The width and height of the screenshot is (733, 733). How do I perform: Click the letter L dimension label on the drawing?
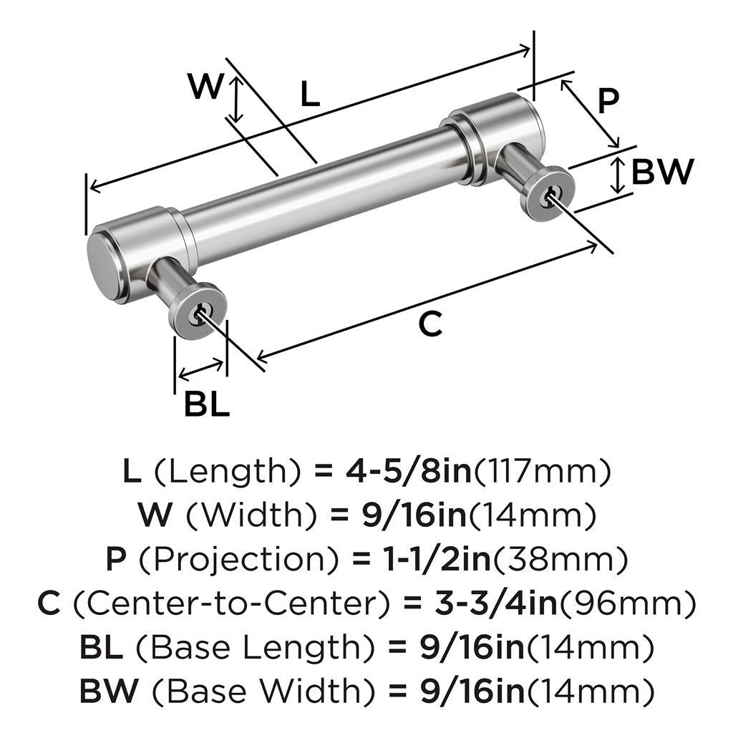click(x=309, y=94)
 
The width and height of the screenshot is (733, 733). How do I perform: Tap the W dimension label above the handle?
click(x=205, y=87)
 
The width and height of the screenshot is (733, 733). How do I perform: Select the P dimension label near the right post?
click(x=607, y=101)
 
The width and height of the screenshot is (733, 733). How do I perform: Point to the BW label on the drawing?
click(x=662, y=172)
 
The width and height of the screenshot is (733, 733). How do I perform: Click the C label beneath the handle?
click(x=431, y=324)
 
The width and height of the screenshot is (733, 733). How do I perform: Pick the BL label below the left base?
click(x=207, y=405)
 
